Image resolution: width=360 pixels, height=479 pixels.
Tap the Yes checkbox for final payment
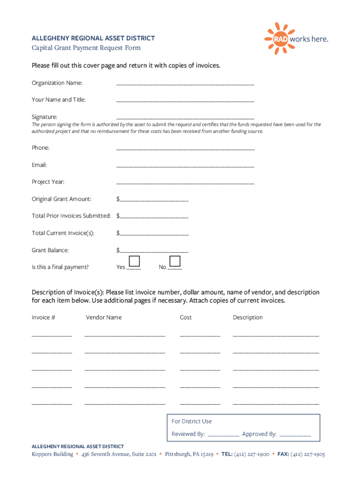(134, 261)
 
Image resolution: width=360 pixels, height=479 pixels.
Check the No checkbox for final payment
(175, 261)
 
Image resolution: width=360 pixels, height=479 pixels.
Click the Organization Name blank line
(185, 84)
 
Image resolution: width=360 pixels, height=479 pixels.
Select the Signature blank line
(185, 118)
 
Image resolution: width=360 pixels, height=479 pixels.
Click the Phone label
(41, 148)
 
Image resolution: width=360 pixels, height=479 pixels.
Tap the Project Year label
(48, 182)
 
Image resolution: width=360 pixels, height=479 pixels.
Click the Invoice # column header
(43, 318)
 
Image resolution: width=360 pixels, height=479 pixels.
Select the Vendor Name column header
(104, 318)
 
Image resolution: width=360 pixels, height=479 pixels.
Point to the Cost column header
(186, 318)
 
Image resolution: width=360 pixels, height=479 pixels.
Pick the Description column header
(248, 318)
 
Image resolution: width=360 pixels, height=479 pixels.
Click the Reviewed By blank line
(223, 435)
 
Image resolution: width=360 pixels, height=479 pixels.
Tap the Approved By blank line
(295, 435)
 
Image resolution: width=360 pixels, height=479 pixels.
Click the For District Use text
(192, 421)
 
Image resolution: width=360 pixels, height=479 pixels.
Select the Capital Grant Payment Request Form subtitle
(86, 48)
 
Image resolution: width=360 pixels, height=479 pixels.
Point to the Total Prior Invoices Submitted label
(71, 216)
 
